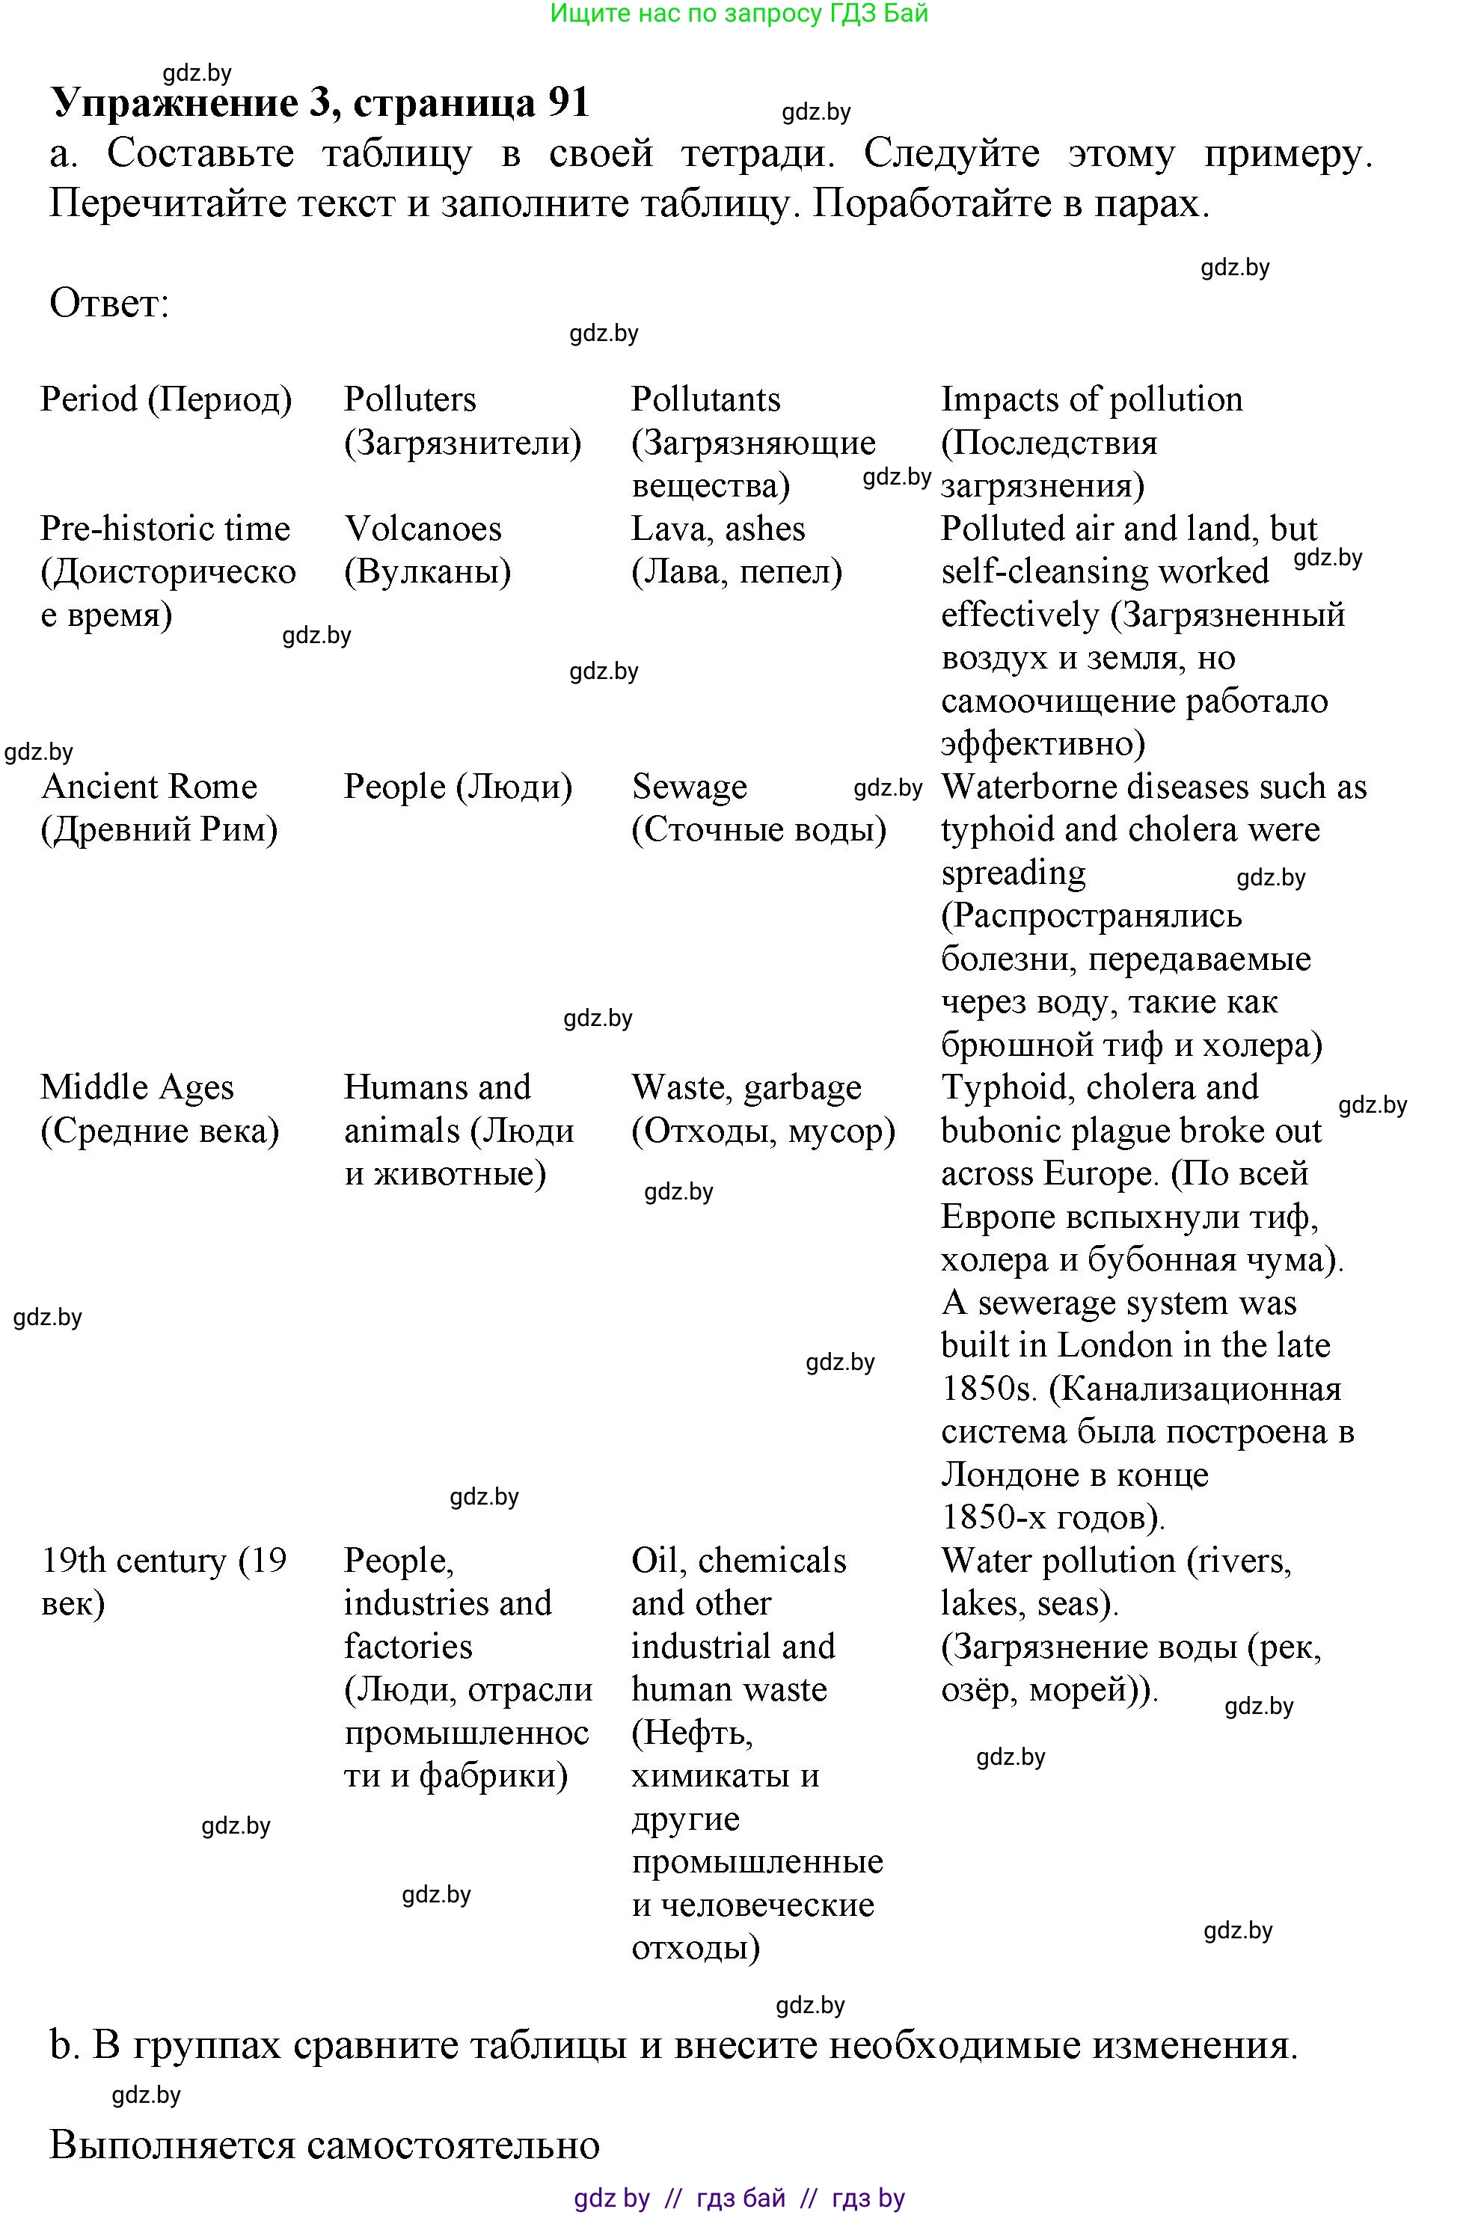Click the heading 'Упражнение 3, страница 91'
[320, 102]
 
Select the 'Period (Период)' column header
[166, 399]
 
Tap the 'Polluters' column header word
[410, 399]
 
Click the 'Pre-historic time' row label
[165, 529]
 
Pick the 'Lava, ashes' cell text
[718, 529]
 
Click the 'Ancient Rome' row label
[150, 787]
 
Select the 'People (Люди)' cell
[458, 787]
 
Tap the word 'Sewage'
[690, 787]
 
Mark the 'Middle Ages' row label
[137, 1087]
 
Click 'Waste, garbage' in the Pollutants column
[746, 1087]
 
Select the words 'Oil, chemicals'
[738, 1561]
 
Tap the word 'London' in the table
[1114, 1345]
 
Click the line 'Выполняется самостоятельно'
[324, 2145]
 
